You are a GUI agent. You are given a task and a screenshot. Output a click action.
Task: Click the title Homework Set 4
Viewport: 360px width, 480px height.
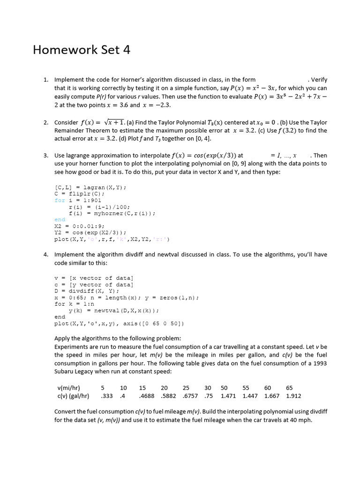click(82, 50)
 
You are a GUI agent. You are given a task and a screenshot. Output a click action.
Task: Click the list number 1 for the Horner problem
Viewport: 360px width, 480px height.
click(45, 80)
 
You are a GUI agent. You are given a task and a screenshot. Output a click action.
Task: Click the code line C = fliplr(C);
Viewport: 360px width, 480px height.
click(80, 193)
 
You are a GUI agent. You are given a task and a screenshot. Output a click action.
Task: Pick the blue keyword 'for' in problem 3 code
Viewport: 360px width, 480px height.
click(60, 200)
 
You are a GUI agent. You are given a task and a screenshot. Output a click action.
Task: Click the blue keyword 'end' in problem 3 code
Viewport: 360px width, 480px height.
click(60, 219)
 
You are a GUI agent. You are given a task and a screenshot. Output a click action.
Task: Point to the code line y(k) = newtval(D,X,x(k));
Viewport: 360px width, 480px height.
click(114, 310)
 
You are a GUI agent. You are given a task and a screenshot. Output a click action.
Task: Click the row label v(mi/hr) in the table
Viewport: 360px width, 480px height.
click(68, 388)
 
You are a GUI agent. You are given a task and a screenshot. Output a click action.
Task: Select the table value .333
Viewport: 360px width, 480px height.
click(107, 396)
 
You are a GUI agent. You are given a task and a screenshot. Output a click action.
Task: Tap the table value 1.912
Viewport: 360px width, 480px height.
click(293, 396)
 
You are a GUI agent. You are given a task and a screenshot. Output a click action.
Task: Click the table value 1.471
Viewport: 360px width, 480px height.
click(228, 396)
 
